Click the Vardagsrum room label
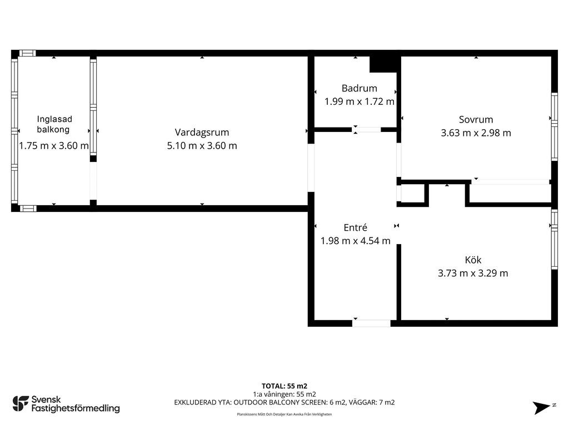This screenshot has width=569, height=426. pyautogui.click(x=202, y=133)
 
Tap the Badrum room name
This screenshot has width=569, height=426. pyautogui.click(x=360, y=88)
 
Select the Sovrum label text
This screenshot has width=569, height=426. pyautogui.click(x=476, y=120)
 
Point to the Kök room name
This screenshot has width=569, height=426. pyautogui.click(x=473, y=260)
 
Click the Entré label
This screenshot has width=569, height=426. pyautogui.click(x=355, y=227)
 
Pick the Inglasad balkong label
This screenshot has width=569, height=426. pyautogui.click(x=54, y=124)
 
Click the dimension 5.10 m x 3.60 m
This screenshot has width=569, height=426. pyautogui.click(x=202, y=146)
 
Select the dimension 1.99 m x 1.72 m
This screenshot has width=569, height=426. pyautogui.click(x=360, y=102)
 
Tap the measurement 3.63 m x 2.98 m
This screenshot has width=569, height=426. pyautogui.click(x=476, y=133)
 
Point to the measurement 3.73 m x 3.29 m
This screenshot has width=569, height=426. pyautogui.click(x=473, y=273)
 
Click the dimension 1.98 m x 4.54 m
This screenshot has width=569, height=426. pyautogui.click(x=355, y=241)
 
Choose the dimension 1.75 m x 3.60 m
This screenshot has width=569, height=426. pyautogui.click(x=54, y=146)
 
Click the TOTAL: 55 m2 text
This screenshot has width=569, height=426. pyautogui.click(x=284, y=386)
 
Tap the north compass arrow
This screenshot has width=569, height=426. pyautogui.click(x=541, y=408)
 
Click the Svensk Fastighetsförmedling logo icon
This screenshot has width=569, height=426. pyautogui.click(x=21, y=404)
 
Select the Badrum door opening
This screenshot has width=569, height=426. pyautogui.click(x=366, y=129)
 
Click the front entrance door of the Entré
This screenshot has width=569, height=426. pyautogui.click(x=371, y=323)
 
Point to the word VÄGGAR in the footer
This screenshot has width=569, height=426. pyautogui.click(x=358, y=403)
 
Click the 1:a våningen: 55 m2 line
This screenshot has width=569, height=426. pyautogui.click(x=284, y=394)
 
